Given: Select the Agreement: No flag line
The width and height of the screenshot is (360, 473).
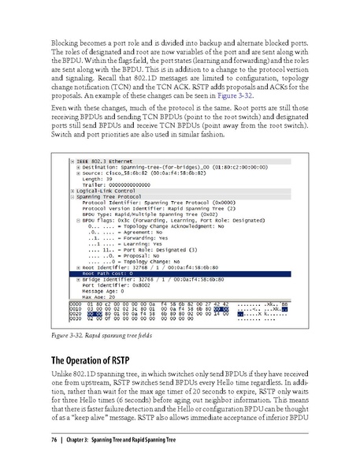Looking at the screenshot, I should [134, 232].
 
